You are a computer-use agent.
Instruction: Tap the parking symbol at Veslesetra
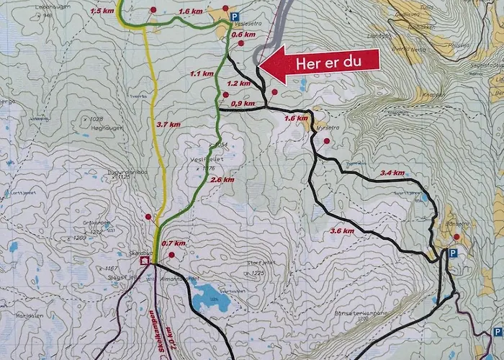tap(235, 16)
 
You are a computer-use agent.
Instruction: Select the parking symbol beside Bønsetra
tap(453, 253)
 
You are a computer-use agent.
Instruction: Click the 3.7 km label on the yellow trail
tap(167, 125)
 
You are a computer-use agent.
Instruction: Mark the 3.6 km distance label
tap(343, 230)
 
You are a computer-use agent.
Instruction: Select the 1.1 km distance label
tap(202, 73)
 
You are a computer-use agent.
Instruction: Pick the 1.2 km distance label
tap(239, 83)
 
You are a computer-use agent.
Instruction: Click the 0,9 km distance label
tap(243, 104)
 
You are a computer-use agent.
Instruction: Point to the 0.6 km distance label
tap(245, 35)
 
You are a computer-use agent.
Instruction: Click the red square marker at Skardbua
tap(145, 261)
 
